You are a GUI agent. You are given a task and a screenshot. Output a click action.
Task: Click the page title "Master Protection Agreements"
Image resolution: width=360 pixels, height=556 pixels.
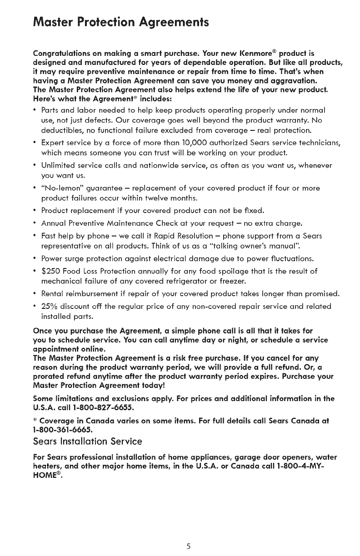[x=121, y=22]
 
